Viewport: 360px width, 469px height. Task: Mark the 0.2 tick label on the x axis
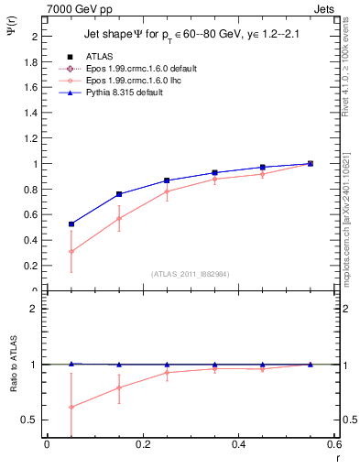[142, 444]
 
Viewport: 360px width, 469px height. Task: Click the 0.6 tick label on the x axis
[334, 444]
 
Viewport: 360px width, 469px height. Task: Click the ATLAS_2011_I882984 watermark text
[191, 273]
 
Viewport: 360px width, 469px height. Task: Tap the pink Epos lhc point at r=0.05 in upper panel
[71, 251]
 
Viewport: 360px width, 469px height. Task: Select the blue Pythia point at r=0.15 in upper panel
[119, 194]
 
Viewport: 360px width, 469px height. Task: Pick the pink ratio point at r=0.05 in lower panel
[71, 407]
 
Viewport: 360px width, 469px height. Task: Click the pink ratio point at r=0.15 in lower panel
[119, 387]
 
